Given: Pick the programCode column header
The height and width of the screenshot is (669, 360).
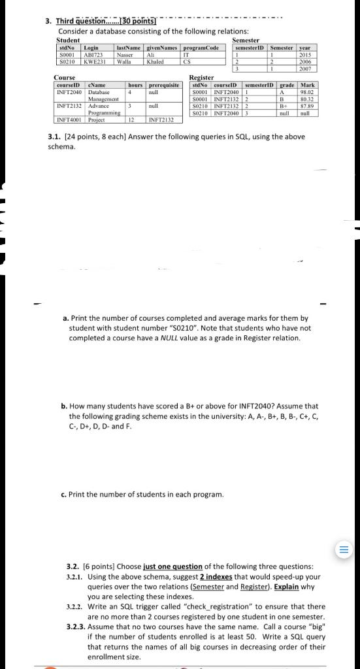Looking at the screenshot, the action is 201,49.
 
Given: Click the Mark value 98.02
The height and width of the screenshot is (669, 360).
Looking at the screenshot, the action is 307,92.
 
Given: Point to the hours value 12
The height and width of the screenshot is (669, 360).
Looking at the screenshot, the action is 132,120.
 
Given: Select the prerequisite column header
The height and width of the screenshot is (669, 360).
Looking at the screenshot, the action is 164,85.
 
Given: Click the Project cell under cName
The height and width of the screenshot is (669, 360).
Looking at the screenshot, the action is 97,120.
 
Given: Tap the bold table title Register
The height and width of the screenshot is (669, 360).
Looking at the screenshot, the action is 200,78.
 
